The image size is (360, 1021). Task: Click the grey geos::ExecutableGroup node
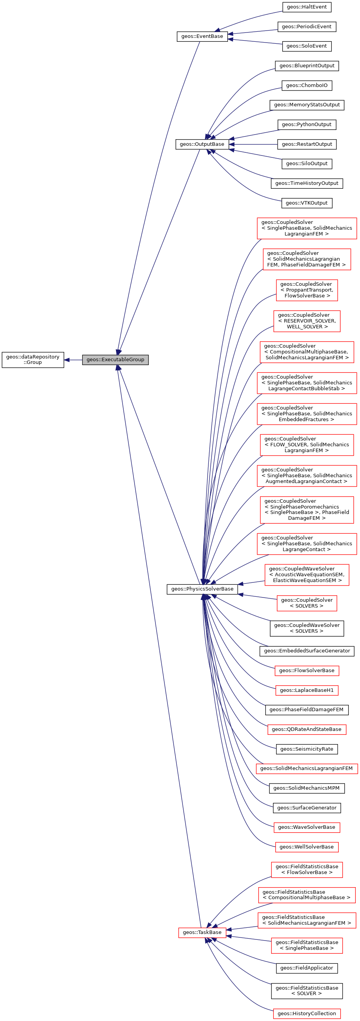pyautogui.click(x=115, y=360)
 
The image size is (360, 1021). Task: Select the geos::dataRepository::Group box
pyautogui.click(x=32, y=360)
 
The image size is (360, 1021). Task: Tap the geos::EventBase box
pyautogui.click(x=202, y=36)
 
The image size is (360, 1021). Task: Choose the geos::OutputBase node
pyautogui.click(x=202, y=144)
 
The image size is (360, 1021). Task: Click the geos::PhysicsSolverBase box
pyautogui.click(x=202, y=589)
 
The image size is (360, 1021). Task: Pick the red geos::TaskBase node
pyautogui.click(x=202, y=932)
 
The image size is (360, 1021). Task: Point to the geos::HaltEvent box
pyautogui.click(x=307, y=7)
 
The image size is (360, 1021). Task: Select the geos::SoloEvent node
pyautogui.click(x=307, y=46)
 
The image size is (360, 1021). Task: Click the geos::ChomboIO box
pyautogui.click(x=307, y=85)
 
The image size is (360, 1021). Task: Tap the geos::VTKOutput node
pyautogui.click(x=307, y=203)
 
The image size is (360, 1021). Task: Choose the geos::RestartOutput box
pyautogui.click(x=307, y=144)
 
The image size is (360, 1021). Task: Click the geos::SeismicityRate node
pyautogui.click(x=307, y=749)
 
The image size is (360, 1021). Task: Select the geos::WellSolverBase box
pyautogui.click(x=307, y=847)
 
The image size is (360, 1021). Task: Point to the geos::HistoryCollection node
pyautogui.click(x=307, y=1014)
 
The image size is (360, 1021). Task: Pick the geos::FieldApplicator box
pyautogui.click(x=307, y=968)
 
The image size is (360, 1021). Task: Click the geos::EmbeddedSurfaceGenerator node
pyautogui.click(x=307, y=651)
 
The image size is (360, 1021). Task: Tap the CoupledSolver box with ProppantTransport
pyautogui.click(x=307, y=290)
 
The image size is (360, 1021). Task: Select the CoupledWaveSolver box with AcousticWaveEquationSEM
pyautogui.click(x=307, y=575)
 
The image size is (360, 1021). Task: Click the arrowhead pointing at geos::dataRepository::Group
pyautogui.click(x=67, y=360)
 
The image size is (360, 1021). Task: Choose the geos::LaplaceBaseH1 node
pyautogui.click(x=307, y=690)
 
